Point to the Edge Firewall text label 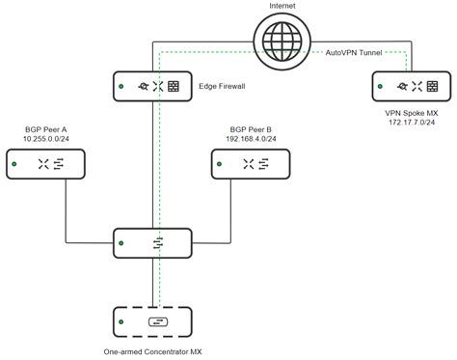pos(223,87)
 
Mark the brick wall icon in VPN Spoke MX pos(432,87)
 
